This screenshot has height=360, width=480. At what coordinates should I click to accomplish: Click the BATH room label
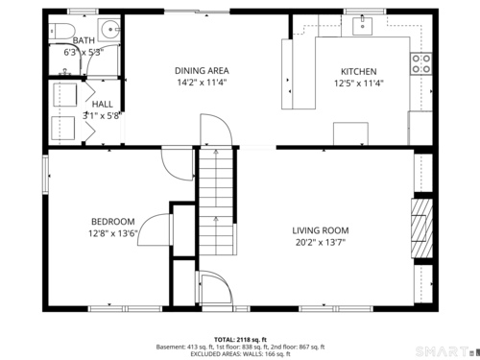tap(84, 40)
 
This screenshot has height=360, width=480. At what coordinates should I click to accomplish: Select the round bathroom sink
tap(109, 30)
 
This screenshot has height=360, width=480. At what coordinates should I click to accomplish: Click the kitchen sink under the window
tap(362, 26)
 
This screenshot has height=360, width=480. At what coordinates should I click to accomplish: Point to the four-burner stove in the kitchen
tap(421, 63)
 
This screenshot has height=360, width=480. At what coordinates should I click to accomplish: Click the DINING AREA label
tap(202, 70)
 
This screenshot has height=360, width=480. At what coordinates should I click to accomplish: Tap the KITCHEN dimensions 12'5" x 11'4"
tap(359, 84)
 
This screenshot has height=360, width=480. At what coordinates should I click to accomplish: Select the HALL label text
tap(103, 105)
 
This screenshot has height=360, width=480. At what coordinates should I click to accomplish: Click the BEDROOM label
tap(113, 222)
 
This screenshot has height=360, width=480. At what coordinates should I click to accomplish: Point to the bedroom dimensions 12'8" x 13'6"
tap(113, 233)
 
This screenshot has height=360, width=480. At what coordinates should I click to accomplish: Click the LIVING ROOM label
tap(321, 230)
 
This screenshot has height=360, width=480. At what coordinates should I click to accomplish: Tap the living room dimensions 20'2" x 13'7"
tap(321, 242)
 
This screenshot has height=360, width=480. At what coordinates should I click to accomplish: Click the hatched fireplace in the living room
tap(422, 228)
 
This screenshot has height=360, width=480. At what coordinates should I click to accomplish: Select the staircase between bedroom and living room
tap(217, 201)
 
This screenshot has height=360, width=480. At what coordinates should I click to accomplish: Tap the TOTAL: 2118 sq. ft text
tap(240, 340)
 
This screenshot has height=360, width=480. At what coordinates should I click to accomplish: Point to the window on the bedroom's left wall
tap(45, 175)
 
